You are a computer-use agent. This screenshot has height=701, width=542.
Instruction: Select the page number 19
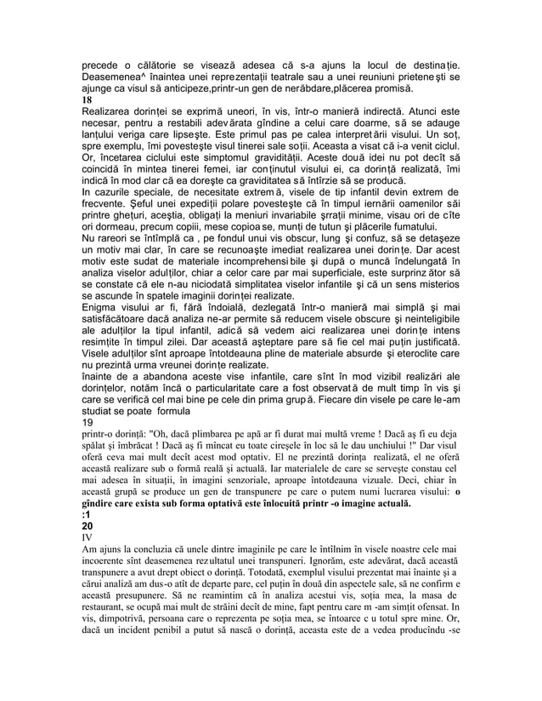point(76,421)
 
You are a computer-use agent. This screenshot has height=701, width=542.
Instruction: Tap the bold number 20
point(77,527)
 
